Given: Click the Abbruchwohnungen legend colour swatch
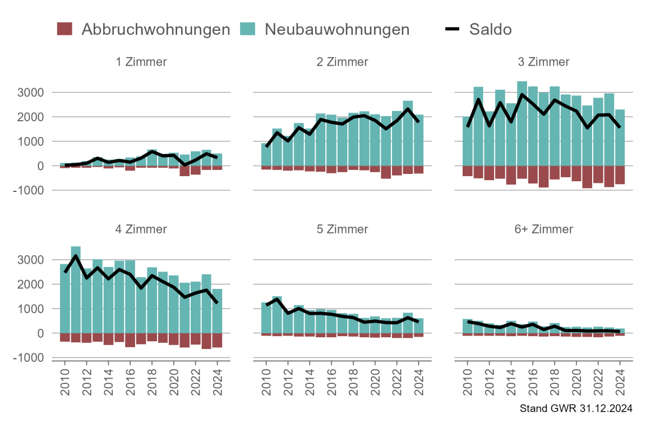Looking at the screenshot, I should tap(65, 29).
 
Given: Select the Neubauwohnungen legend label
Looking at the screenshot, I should tap(336, 29).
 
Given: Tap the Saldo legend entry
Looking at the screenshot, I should tap(490, 29).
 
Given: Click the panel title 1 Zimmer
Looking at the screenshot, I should tap(141, 62).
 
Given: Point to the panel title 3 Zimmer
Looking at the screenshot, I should tap(543, 62).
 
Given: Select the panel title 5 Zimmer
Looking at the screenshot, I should tap(342, 229).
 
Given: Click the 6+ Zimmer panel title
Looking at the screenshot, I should tap(543, 229).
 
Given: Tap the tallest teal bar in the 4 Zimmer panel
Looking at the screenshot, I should tap(76, 292).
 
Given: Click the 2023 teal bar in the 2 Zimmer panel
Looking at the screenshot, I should tap(408, 135).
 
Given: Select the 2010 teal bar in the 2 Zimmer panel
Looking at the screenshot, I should tap(266, 155).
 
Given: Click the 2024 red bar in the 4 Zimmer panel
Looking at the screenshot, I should tap(217, 340).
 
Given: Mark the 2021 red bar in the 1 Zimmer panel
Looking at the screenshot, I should tap(184, 171).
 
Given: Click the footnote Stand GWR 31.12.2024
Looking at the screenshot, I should tap(576, 408).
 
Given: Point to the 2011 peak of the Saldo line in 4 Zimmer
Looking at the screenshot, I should tap(76, 256).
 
